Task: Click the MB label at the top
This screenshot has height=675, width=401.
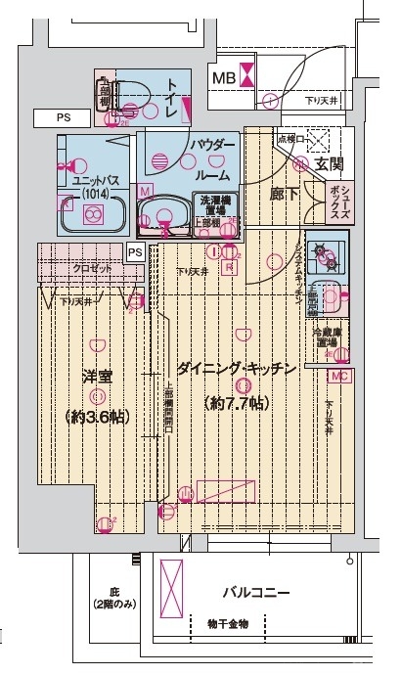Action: click(x=223, y=76)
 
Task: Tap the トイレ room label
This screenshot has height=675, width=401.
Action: click(x=172, y=98)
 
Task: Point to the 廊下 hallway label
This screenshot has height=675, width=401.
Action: click(x=285, y=194)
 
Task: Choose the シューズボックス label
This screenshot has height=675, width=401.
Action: click(x=350, y=203)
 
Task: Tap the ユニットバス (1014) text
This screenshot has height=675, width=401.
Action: click(x=96, y=186)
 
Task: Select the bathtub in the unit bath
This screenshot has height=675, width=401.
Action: click(x=97, y=216)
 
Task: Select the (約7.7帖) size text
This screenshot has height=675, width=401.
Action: click(x=235, y=403)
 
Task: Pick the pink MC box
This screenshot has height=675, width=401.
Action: click(x=339, y=376)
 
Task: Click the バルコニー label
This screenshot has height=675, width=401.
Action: click(x=255, y=593)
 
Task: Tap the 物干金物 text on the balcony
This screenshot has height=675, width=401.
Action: click(x=228, y=623)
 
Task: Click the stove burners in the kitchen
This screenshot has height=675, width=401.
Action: click(x=325, y=257)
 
